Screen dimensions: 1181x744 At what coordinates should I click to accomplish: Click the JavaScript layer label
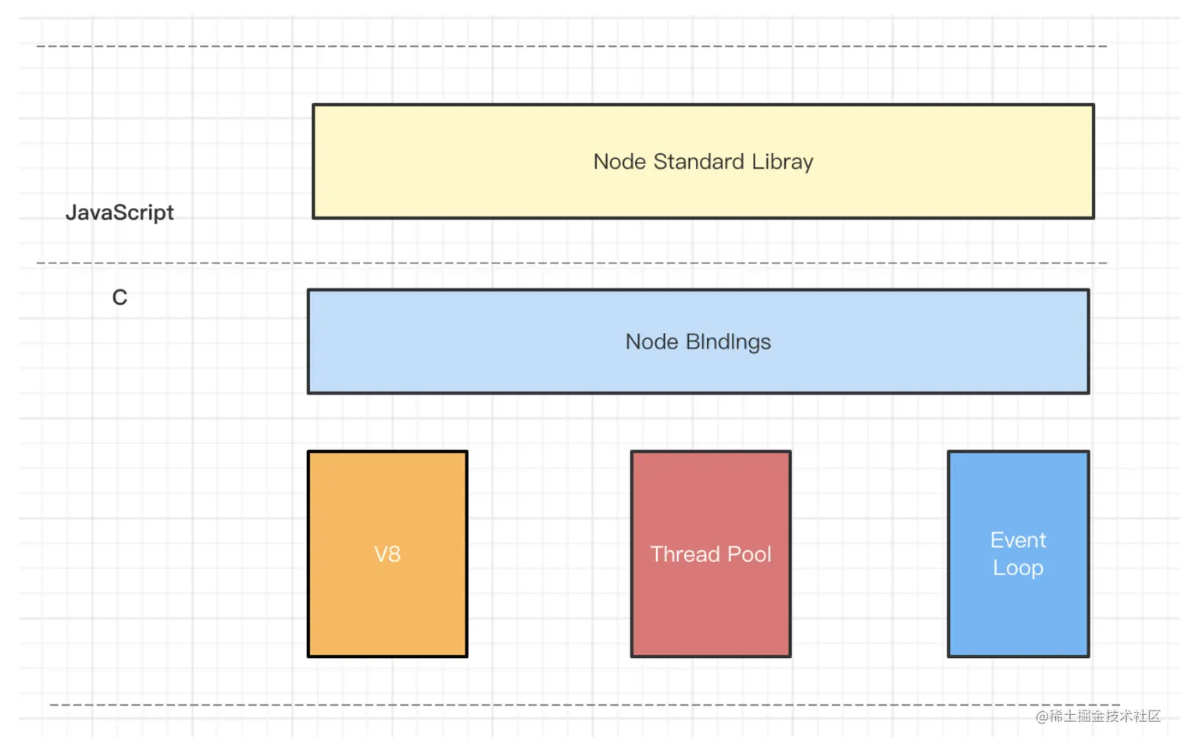click(120, 213)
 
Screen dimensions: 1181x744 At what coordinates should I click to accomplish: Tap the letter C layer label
click(120, 297)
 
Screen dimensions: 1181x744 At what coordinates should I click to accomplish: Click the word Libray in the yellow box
click(783, 162)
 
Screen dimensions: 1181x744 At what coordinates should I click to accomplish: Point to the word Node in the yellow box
click(619, 162)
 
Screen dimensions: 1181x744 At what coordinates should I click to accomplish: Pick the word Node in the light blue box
click(651, 342)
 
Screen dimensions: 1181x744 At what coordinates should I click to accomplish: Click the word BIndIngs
click(728, 342)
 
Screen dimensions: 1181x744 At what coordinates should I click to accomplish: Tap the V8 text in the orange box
click(387, 554)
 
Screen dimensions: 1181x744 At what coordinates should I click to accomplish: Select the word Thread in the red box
click(685, 554)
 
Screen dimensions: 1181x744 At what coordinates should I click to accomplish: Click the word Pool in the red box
click(749, 554)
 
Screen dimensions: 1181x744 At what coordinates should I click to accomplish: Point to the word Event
click(1018, 540)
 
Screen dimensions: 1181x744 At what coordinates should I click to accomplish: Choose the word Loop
click(1018, 568)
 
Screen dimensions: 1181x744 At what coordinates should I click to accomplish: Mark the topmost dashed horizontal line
click(572, 46)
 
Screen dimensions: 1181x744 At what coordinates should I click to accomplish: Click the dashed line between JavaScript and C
click(572, 263)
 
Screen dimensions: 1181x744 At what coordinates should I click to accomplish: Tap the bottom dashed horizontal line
click(585, 704)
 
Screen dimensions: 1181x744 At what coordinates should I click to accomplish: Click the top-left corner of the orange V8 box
click(309, 452)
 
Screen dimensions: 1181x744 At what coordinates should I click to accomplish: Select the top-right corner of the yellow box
click(1094, 105)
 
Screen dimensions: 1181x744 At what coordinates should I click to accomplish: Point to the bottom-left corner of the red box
click(632, 656)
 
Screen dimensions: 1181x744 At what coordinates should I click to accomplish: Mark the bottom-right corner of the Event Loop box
click(1089, 656)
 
